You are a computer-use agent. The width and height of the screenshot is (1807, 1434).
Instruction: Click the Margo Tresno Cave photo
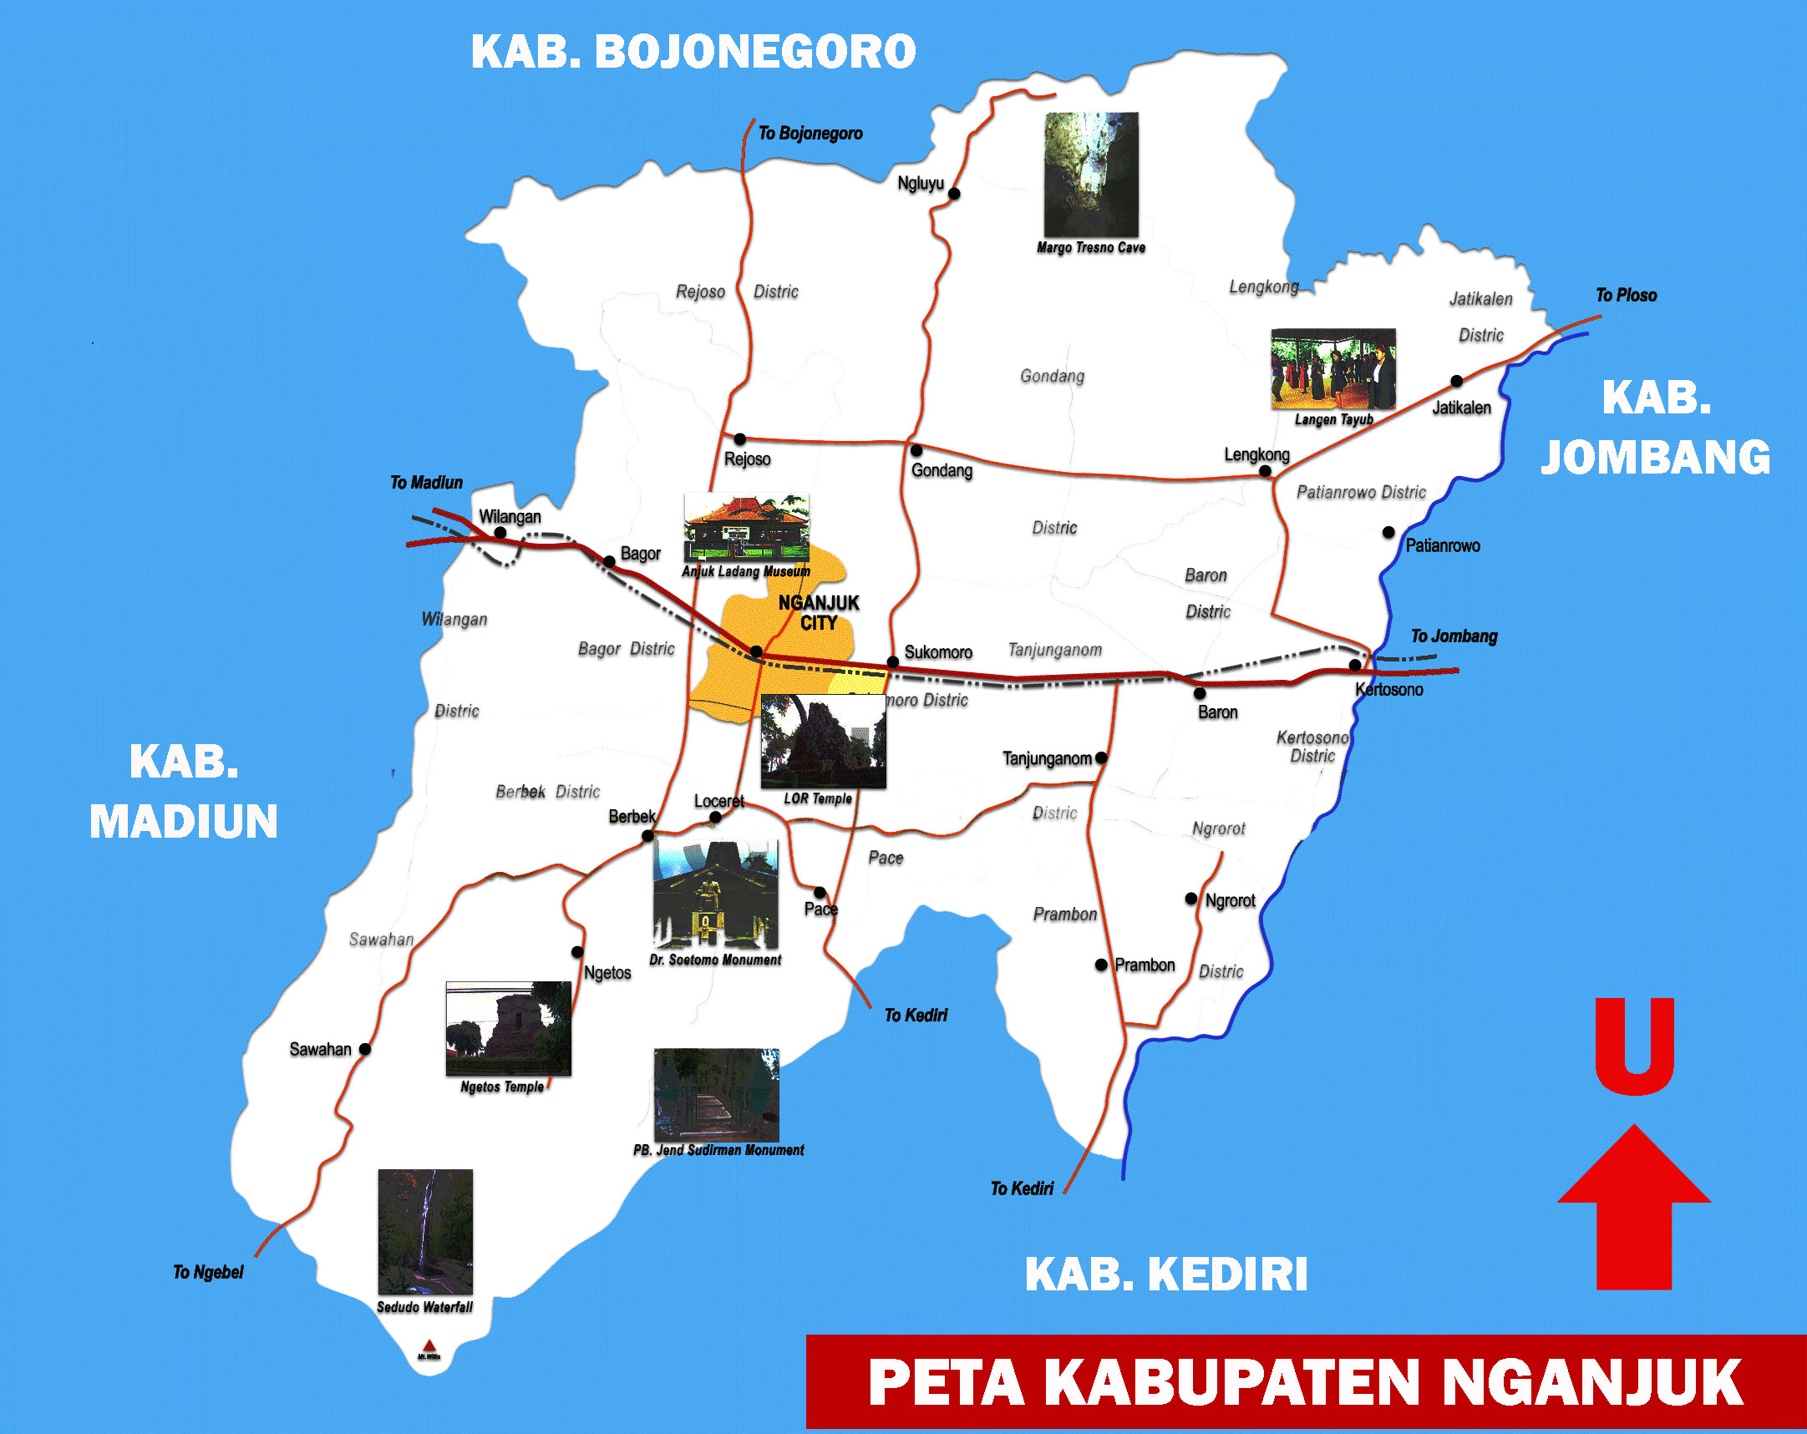tap(1091, 175)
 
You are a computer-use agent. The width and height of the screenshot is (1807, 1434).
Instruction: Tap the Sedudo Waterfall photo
tap(425, 1231)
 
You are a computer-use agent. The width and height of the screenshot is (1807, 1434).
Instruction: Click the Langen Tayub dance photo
tap(1332, 369)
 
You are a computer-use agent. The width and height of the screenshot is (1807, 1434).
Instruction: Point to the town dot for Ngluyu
tap(954, 194)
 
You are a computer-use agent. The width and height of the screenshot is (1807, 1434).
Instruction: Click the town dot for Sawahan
tap(364, 1048)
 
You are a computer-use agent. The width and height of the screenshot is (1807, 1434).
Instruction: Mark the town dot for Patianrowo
tap(1388, 532)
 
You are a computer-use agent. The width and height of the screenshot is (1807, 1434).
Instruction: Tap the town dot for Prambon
tap(1101, 965)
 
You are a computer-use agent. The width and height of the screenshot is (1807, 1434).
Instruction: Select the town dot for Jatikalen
tap(1457, 382)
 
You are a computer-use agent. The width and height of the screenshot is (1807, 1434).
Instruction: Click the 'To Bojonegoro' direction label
tap(810, 134)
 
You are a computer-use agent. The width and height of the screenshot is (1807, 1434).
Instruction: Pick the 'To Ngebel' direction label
tap(208, 1272)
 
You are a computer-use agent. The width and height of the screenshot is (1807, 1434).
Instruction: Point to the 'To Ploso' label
tap(1626, 295)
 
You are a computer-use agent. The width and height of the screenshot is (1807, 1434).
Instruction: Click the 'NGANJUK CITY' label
tap(819, 613)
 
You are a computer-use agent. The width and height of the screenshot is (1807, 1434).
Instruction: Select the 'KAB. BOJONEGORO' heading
tap(693, 52)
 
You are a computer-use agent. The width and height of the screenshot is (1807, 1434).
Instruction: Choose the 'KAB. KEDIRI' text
tap(1166, 1274)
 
